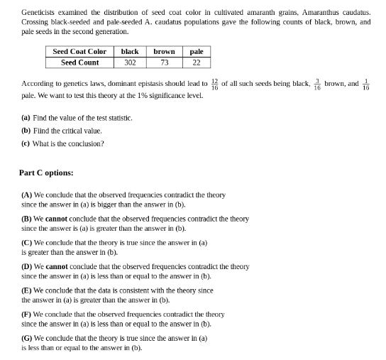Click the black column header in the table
tap(130, 52)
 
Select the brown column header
tap(164, 52)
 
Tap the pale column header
tap(197, 52)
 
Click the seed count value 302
tap(130, 62)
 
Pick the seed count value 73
tap(164, 62)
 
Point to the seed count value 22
tap(197, 62)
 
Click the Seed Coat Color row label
tap(79, 52)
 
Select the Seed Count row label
tap(79, 62)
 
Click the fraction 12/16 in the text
tap(214, 84)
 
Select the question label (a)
tap(26, 118)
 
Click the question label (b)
tap(26, 131)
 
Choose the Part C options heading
tap(46, 173)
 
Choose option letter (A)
tap(27, 195)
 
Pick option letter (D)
tap(27, 267)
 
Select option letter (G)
tap(27, 339)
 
